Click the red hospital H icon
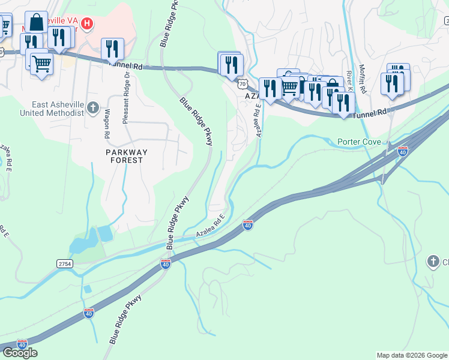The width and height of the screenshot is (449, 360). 88,24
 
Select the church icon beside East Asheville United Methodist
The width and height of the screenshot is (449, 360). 92,108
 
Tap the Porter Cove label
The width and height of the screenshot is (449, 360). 360,142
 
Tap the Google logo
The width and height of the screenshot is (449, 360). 20,353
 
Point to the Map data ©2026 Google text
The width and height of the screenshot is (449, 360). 412,355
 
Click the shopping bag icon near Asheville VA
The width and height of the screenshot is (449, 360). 36,22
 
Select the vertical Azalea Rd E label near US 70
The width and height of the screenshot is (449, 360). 259,120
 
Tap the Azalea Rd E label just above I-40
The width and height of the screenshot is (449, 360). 210,226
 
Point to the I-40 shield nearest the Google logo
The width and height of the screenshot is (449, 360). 23,344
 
